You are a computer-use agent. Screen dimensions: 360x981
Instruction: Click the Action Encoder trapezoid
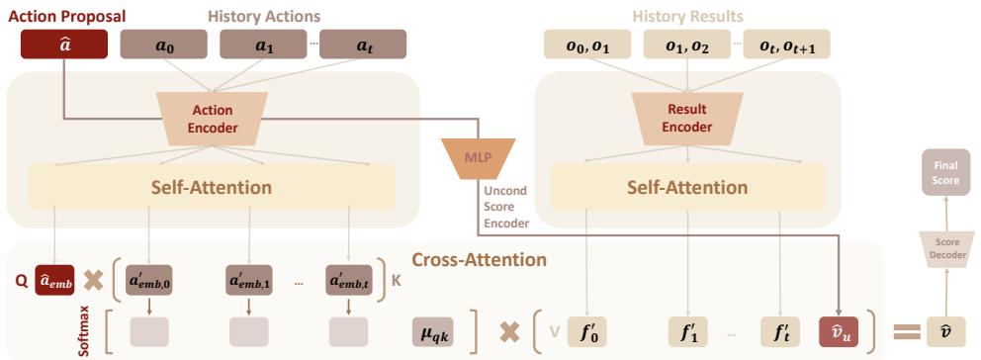pos(214,117)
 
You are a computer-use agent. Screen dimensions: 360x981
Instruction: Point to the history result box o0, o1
pos(585,44)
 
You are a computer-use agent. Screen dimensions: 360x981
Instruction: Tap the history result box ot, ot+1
pos(792,44)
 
